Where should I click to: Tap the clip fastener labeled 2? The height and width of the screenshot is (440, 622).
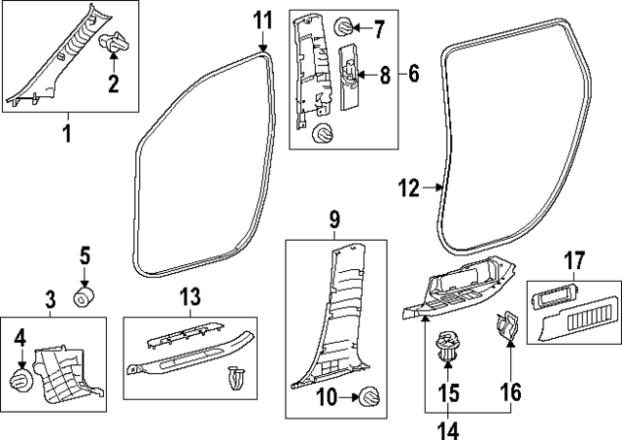click(x=116, y=45)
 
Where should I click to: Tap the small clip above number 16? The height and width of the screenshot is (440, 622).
click(x=506, y=327)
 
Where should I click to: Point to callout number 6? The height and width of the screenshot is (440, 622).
click(x=414, y=73)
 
